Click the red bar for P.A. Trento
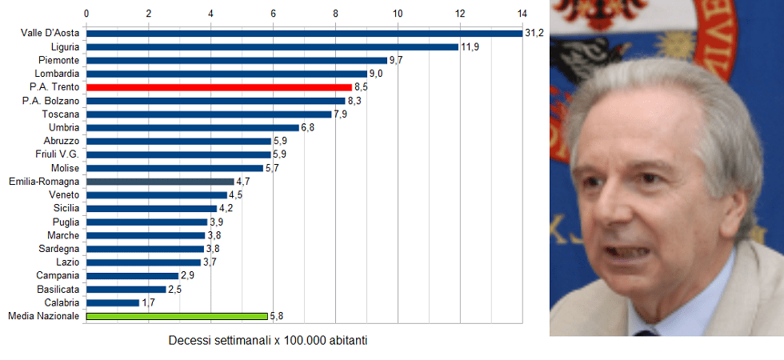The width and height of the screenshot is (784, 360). point(218,87)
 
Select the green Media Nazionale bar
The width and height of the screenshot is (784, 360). point(177,316)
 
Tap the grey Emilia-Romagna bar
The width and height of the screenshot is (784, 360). point(160,182)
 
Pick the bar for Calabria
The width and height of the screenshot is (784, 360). point(113,303)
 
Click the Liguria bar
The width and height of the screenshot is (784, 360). point(272,46)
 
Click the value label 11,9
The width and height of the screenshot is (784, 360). point(470,46)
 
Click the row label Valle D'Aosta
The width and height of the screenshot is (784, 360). point(50,33)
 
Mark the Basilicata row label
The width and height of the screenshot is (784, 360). point(58,290)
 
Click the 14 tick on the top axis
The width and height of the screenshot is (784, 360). point(522,14)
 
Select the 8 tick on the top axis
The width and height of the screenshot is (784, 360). point(335,14)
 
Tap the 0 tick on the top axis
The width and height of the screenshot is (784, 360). point(86,14)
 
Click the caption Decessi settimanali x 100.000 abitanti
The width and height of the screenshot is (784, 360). point(267,340)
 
